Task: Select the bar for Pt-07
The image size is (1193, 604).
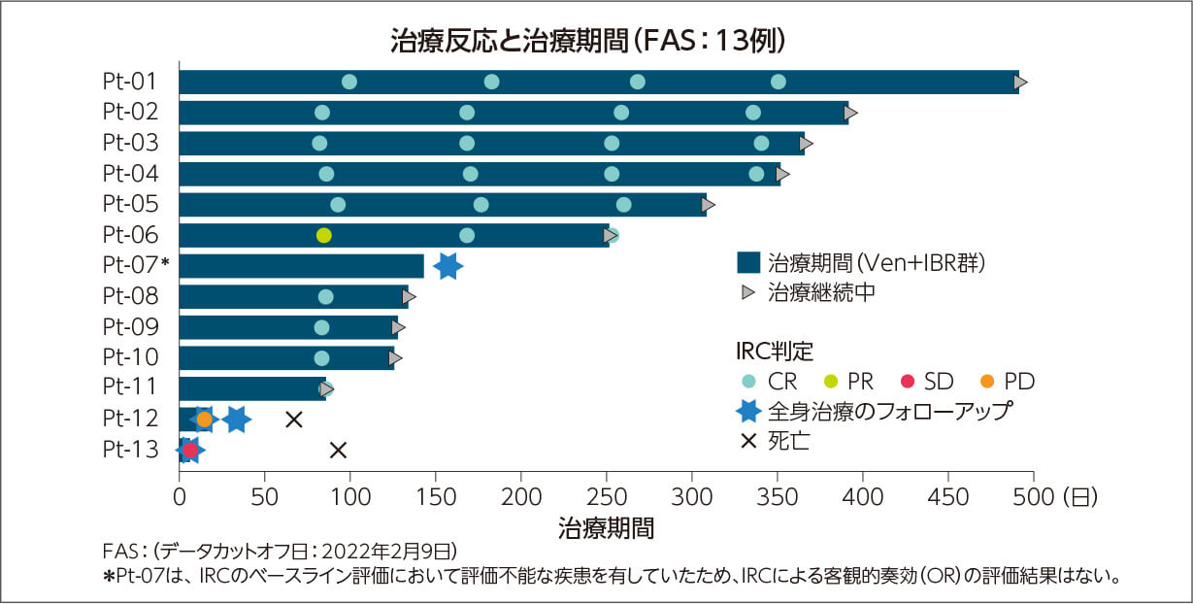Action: pos(301,266)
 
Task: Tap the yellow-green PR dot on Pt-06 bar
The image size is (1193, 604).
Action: pos(324,235)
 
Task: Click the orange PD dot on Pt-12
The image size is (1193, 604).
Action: pos(204,419)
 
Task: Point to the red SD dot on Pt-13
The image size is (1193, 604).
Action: pos(190,450)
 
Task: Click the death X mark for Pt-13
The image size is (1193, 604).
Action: pos(338,450)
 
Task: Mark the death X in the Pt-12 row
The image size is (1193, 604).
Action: pos(294,419)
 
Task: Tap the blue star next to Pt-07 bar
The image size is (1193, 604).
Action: pos(447,266)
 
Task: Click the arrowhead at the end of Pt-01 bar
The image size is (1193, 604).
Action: pos(1020,82)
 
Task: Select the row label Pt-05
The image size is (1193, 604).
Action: pos(130,204)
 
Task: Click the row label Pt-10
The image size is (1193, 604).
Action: pos(130,357)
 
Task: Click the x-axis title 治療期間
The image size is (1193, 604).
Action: pos(606,529)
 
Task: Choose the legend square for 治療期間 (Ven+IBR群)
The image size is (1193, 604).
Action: pos(747,262)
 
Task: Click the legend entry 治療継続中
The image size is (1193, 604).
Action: pos(821,291)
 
